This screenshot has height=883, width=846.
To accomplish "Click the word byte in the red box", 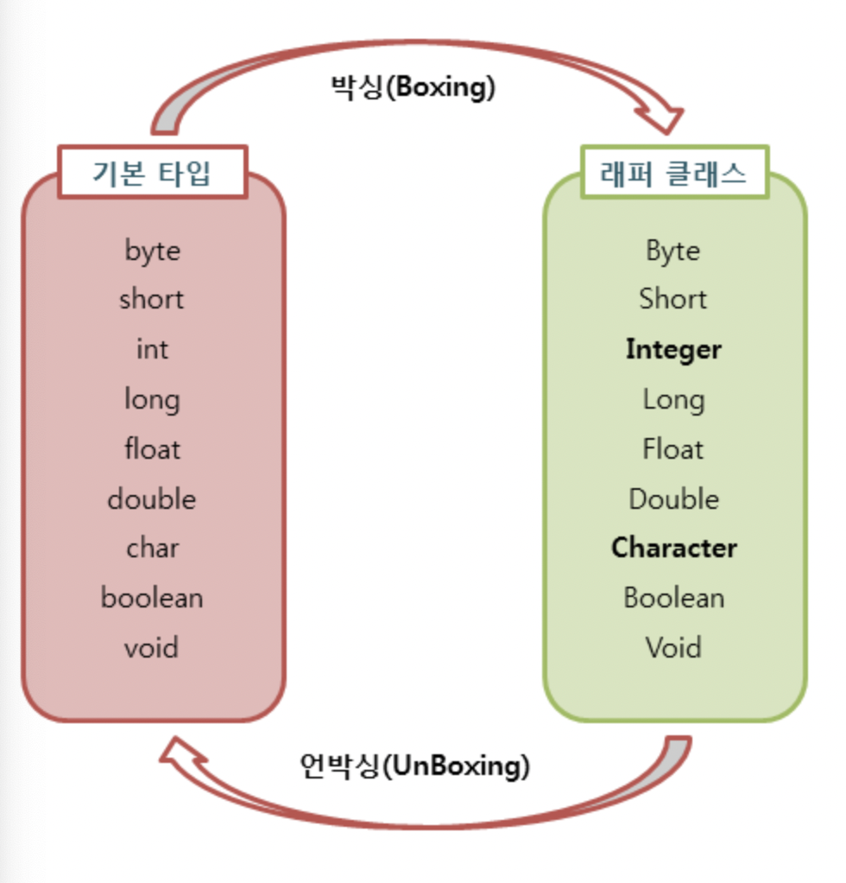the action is [153, 251].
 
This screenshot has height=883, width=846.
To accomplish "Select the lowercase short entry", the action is [152, 300].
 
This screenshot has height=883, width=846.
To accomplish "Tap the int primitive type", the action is [152, 350].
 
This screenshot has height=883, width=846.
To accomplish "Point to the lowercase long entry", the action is [152, 400].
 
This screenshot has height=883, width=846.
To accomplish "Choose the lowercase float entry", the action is [152, 449].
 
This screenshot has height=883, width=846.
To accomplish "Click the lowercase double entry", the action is [152, 499].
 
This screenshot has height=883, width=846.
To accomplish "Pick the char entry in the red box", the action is [152, 549].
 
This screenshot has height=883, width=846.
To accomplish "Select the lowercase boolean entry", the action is [152, 598].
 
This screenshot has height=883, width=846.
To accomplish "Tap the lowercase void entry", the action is [152, 648].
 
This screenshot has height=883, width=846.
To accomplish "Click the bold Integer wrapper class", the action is [673, 350].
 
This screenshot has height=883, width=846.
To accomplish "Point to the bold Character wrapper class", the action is [673, 549].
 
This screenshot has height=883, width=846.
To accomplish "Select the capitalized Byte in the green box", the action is [673, 251].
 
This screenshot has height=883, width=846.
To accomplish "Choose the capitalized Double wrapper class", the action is [673, 499].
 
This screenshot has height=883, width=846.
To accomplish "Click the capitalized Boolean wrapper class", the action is [673, 598].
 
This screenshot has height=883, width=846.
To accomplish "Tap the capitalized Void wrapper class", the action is [673, 648].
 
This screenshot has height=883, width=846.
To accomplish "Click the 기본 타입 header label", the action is [152, 174].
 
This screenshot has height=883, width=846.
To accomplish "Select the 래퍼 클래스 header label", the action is [673, 174].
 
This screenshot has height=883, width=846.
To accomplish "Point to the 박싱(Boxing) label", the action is [414, 87].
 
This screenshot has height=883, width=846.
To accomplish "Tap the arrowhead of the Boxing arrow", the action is [662, 118].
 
